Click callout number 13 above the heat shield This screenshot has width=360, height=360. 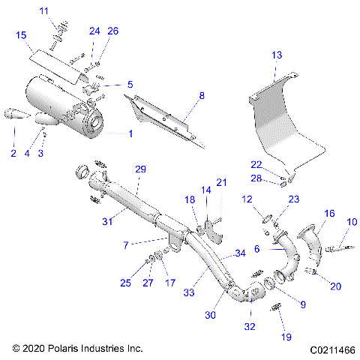click(277, 55)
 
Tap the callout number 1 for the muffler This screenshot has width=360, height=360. click(130, 133)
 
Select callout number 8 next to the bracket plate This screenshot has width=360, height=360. click(201, 95)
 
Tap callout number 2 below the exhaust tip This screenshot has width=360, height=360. click(13, 153)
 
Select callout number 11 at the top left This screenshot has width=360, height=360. click(43, 10)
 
